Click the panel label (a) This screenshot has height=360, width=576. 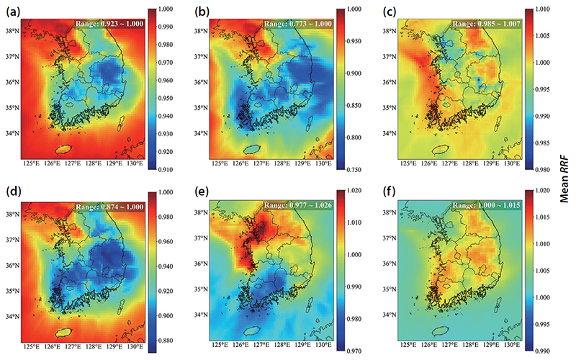(x=14, y=13)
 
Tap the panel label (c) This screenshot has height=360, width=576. (x=389, y=13)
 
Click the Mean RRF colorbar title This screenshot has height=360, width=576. (x=564, y=180)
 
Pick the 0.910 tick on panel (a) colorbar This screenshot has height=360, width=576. (x=166, y=170)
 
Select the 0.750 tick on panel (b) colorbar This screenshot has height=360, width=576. (x=354, y=170)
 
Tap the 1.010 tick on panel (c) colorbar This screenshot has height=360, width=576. (x=543, y=9)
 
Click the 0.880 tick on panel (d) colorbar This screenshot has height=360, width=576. (x=166, y=341)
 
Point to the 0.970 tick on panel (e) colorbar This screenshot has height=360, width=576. (x=354, y=351)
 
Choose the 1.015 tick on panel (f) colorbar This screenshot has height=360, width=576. (x=543, y=217)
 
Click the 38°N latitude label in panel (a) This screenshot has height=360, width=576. (x=12, y=31)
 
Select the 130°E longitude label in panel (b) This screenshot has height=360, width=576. (x=323, y=164)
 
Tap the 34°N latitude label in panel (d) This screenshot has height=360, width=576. (x=12, y=317)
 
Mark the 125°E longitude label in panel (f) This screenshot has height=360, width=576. (x=408, y=345)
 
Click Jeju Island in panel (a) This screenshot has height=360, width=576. (x=63, y=149)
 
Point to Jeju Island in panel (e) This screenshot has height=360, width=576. (x=252, y=331)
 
